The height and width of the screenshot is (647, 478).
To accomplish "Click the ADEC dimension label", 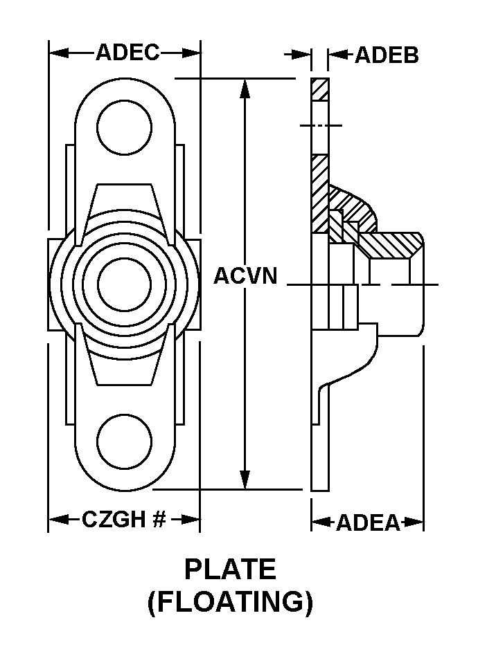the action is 127,53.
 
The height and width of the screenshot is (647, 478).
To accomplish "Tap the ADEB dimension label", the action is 387,55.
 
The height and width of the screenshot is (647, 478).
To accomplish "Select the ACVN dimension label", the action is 245,275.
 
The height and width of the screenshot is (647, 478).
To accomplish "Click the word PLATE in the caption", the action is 230,569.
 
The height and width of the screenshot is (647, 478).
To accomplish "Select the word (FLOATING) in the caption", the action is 230,603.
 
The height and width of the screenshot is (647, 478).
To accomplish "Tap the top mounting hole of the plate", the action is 125,127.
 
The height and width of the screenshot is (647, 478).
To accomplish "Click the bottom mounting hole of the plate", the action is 125,441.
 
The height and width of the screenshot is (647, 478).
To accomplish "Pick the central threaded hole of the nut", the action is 125,284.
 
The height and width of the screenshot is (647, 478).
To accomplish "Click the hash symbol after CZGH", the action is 159,519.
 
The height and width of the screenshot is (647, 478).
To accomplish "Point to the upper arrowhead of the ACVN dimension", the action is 245,88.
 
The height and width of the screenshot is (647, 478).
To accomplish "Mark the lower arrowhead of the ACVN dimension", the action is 245,480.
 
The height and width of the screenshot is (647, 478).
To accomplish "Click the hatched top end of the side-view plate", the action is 320,89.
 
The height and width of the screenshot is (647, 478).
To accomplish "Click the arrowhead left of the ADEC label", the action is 59,53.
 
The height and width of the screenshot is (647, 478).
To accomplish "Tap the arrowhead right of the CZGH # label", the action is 191,519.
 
